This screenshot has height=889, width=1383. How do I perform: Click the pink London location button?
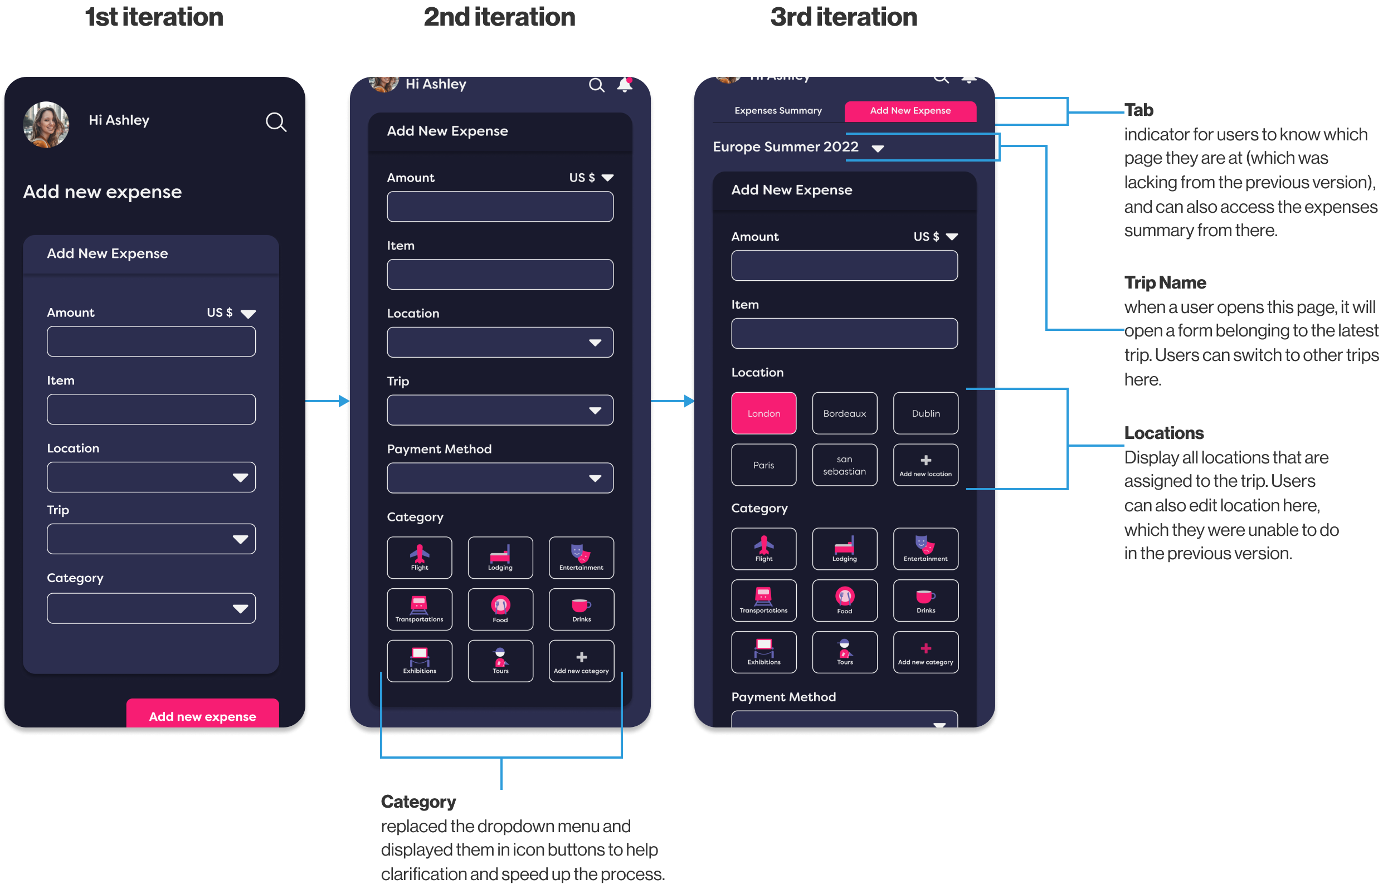763,413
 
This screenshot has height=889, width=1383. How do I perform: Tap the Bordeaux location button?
844,413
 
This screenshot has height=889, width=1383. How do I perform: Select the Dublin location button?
925,413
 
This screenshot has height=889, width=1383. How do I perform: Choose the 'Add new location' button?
925,465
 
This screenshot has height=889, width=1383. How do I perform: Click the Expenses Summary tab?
778,111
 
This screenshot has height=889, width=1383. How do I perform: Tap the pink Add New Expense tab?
910,111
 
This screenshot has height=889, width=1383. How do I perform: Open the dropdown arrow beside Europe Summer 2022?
878,149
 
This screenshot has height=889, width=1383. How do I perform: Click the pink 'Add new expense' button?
203,716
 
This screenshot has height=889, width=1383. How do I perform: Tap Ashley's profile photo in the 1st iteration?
46,124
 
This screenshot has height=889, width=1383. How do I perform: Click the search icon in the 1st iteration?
276,122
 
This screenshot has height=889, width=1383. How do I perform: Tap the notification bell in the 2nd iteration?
625,85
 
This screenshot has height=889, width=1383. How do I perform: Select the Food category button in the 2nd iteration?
500,609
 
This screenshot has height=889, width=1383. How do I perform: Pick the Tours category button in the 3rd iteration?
844,652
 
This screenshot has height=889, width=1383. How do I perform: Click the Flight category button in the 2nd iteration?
419,558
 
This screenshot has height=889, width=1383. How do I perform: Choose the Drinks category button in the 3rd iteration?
925,600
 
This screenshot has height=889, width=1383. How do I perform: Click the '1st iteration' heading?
154,17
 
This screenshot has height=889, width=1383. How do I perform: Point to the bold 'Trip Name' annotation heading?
1165,283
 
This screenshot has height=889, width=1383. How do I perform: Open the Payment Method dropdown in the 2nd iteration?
500,478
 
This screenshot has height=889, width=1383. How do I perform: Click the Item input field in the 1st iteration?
152,409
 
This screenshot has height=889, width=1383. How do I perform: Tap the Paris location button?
763,465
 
